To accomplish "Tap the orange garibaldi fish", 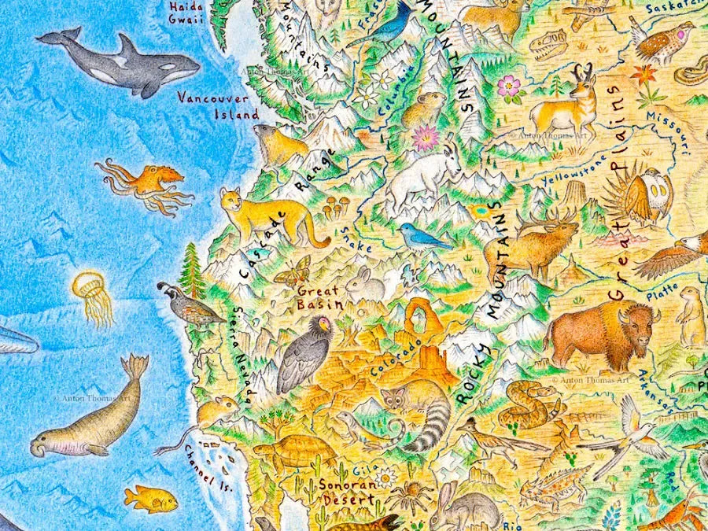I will [x=152, y=499].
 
